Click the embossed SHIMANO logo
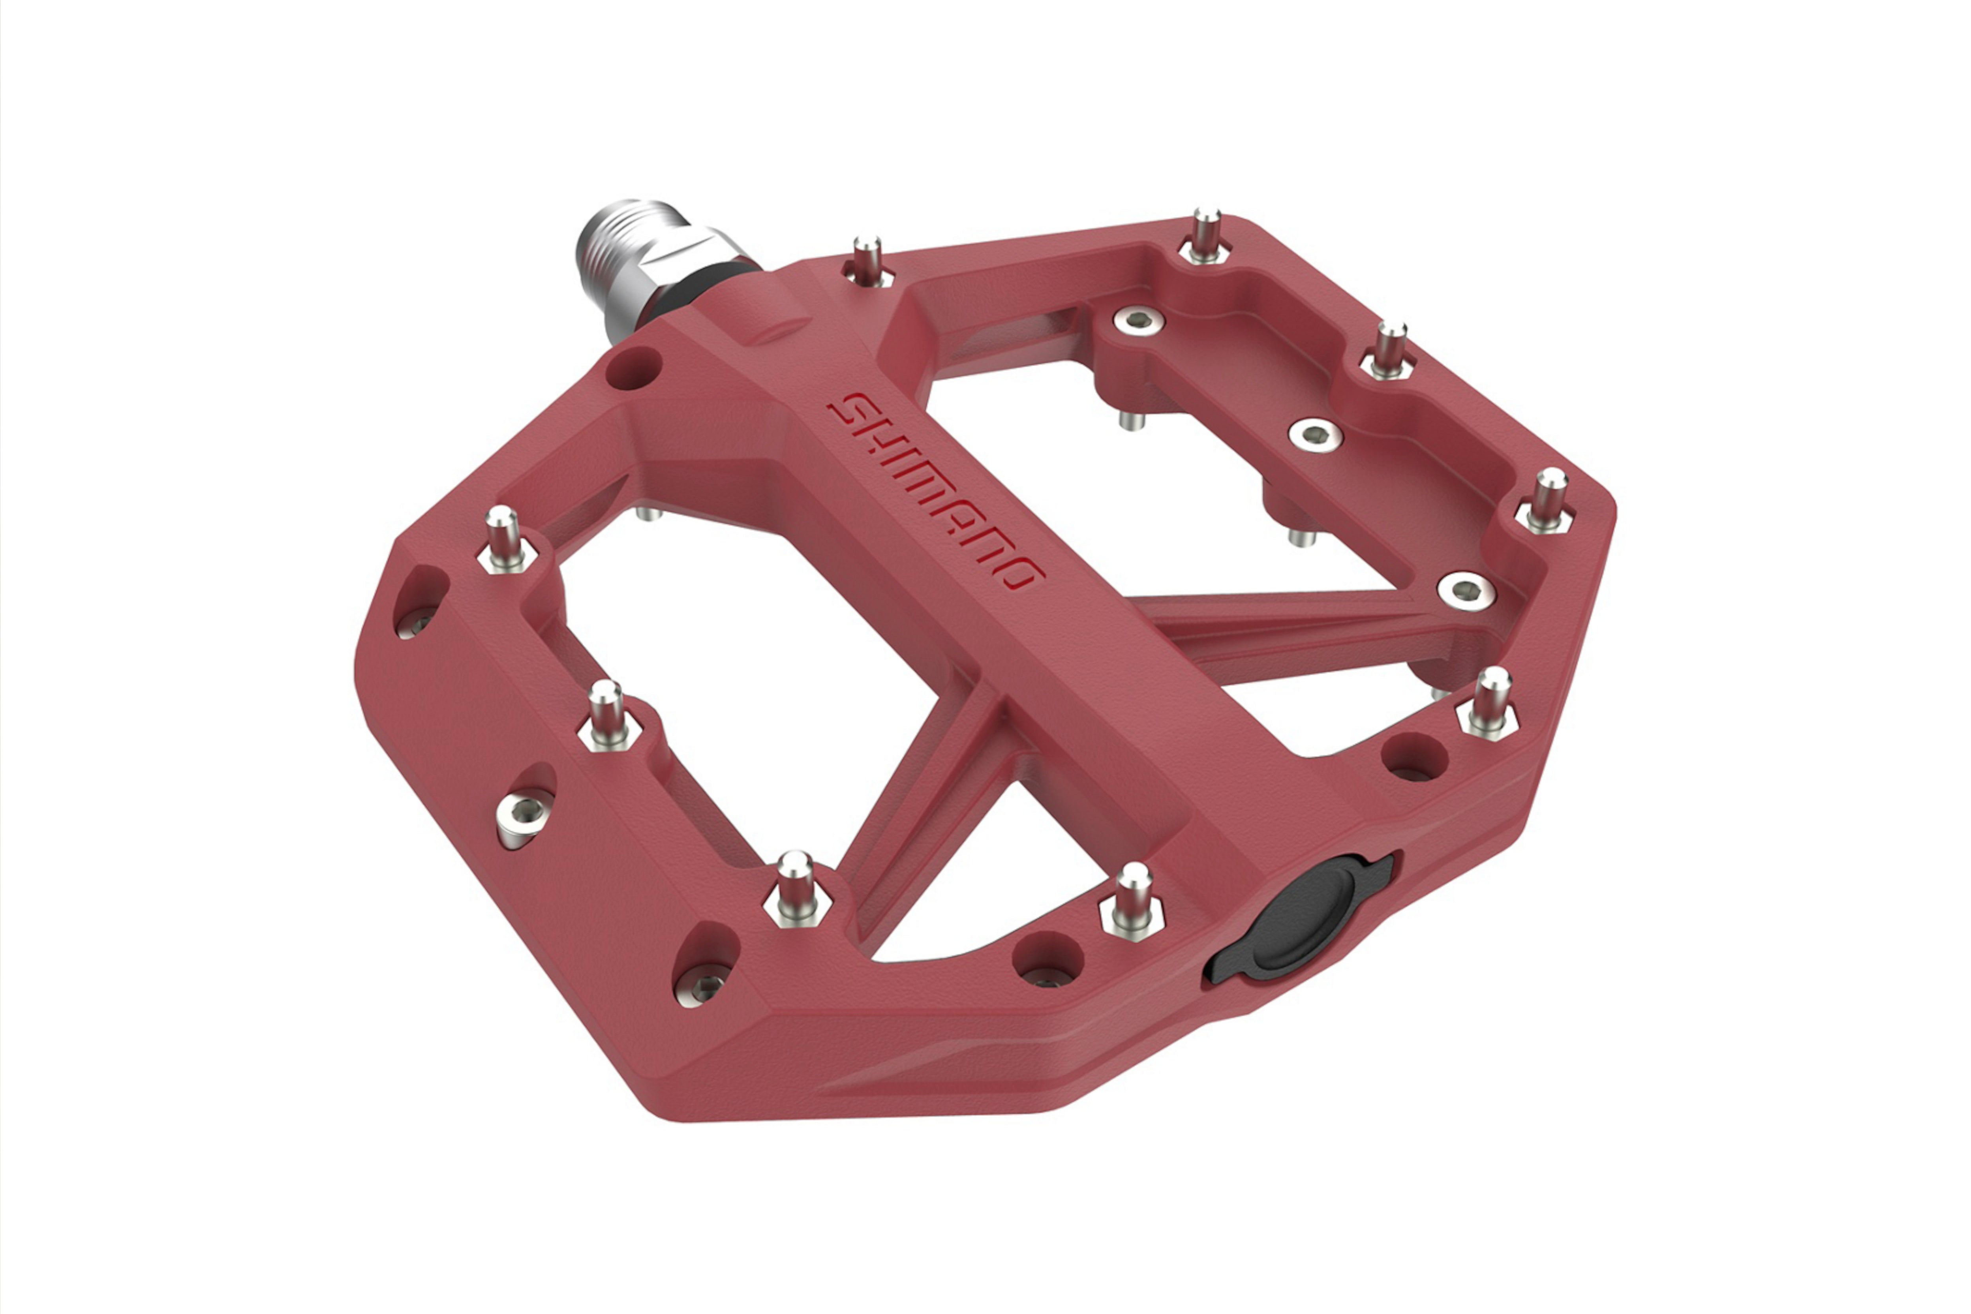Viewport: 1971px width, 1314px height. (935, 490)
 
